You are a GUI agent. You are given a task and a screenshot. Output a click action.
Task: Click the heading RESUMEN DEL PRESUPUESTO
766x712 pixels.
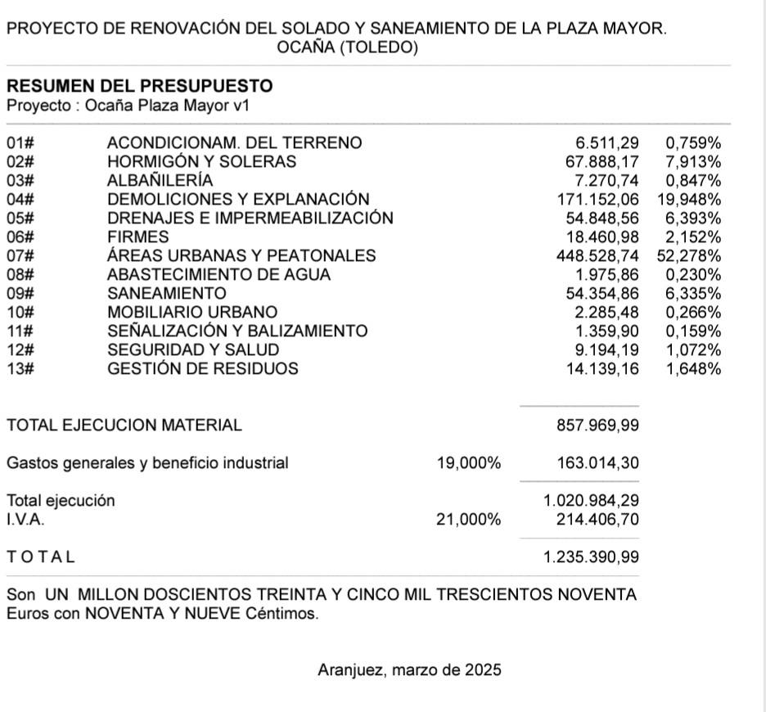coord(139,87)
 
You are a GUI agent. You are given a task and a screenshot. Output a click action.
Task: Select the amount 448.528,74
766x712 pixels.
coord(597,255)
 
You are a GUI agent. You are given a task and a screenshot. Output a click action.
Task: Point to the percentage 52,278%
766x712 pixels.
coord(688,255)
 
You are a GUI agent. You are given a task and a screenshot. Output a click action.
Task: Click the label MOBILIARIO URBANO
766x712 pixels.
coord(192,312)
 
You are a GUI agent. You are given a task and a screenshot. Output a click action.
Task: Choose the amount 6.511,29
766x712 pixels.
coord(607,143)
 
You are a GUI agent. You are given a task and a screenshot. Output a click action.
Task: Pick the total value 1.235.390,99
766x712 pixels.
coord(591,557)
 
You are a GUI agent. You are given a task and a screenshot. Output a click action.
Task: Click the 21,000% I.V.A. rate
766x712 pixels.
coord(468,520)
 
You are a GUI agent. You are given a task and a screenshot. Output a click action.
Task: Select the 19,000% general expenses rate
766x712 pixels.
coord(468,463)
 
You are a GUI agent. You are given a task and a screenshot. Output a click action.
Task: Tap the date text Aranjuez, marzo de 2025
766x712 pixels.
coord(409,670)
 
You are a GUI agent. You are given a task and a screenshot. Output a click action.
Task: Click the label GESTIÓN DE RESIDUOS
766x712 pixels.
coord(203,368)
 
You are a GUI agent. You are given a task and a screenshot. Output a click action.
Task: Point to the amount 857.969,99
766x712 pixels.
coord(597,426)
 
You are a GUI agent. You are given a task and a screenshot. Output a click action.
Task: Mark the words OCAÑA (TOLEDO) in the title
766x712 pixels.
coord(348,48)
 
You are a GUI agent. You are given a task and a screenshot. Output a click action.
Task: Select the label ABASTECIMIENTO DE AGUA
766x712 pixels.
coord(219,274)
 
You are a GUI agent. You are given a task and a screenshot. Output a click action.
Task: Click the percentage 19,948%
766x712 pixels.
coord(688,199)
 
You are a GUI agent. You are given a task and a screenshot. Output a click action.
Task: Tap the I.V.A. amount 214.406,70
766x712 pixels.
coord(597,520)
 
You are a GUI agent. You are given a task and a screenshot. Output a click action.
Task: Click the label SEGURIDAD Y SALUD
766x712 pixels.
coord(193,349)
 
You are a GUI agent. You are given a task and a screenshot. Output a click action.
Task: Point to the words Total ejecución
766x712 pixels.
coord(61,501)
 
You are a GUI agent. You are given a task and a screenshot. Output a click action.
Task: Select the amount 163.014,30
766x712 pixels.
coord(597,463)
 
